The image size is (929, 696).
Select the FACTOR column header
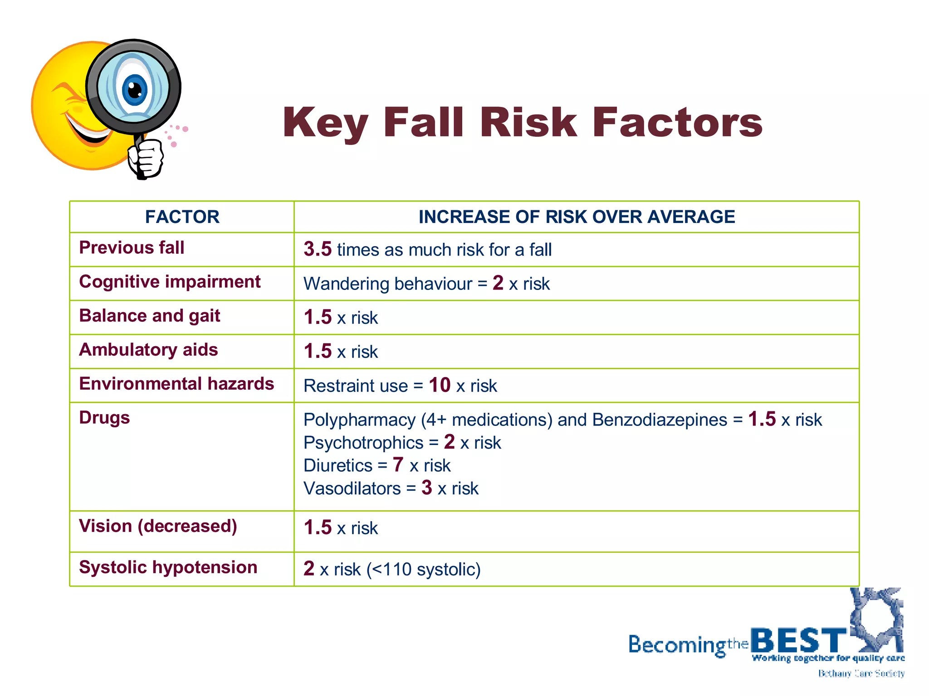pos(182,217)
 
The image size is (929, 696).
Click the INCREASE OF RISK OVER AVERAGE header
pos(576,217)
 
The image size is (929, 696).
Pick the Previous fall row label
pos(132,248)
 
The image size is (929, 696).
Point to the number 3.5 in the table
pos(318,249)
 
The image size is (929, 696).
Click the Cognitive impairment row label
pos(170,282)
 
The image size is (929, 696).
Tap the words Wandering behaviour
pos(388,284)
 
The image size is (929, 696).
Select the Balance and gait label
pos(150,316)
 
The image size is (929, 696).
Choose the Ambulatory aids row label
pos(148,350)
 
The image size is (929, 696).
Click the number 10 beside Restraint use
pos(440,385)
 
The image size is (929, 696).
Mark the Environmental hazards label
pos(176,384)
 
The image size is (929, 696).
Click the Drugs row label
pos(104,418)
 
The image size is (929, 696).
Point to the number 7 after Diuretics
pos(398,465)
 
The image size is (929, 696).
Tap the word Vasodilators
pos(352,488)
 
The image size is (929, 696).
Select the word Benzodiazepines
pos(660,420)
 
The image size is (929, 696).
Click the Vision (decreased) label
pos(158,526)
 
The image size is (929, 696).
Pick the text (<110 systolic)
pos(424,570)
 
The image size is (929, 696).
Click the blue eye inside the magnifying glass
pos(135,89)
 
